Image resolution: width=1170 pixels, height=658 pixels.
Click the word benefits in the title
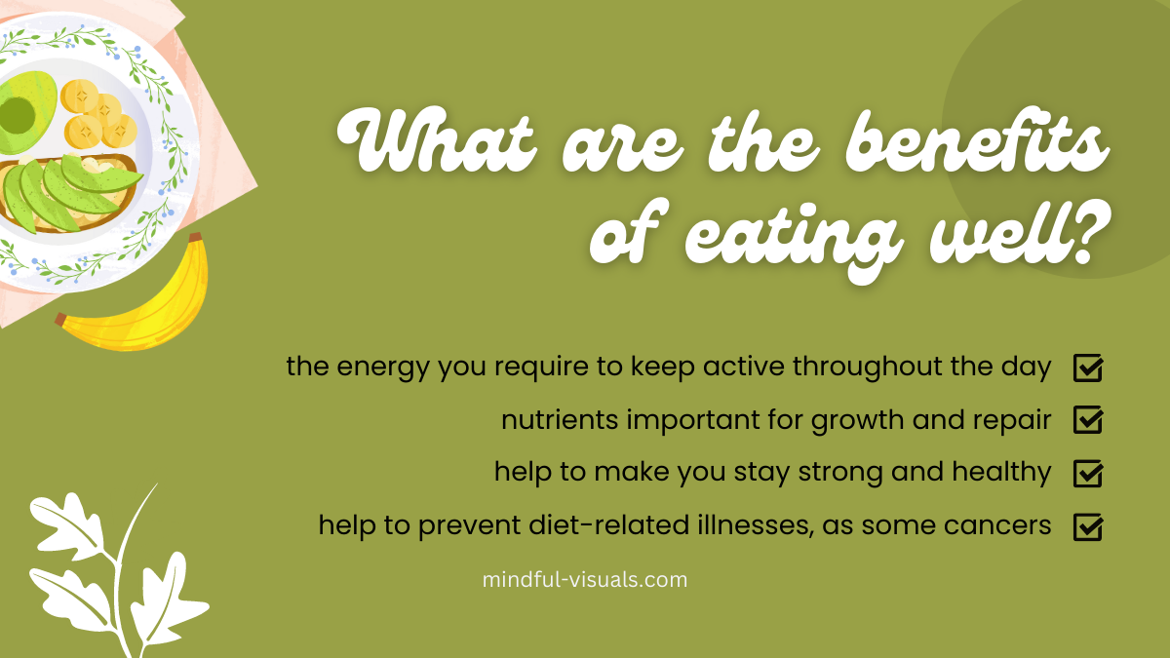tap(977, 139)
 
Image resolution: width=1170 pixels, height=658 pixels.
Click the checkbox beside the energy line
tap(1088, 368)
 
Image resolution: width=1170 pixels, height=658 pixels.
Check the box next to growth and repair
tap(1088, 420)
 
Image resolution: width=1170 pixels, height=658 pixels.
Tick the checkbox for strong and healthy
tap(1088, 473)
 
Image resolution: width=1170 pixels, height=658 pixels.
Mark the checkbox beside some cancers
tap(1088, 526)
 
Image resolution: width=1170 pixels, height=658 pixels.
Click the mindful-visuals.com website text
tap(584, 580)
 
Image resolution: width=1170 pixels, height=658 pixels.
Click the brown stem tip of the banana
tap(195, 238)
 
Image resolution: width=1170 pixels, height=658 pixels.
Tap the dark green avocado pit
tap(18, 115)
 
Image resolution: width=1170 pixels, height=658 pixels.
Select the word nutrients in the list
tap(560, 420)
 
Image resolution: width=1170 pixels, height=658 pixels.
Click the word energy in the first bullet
tap(383, 368)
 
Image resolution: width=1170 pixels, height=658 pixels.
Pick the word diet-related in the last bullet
tap(609, 524)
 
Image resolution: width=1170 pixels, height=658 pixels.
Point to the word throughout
tap(867, 368)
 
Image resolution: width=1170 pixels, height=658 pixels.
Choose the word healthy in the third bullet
tap(1001, 473)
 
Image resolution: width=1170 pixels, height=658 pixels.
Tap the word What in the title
tap(437, 139)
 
